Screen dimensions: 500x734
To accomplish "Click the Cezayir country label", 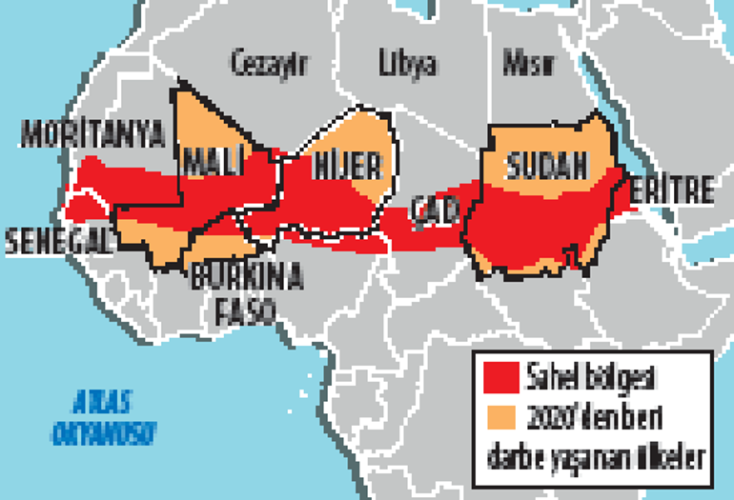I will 271,64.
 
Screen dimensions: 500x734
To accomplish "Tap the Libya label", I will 407,64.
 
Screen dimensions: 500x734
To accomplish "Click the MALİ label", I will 214,162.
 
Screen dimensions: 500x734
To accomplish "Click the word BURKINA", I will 247,278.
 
